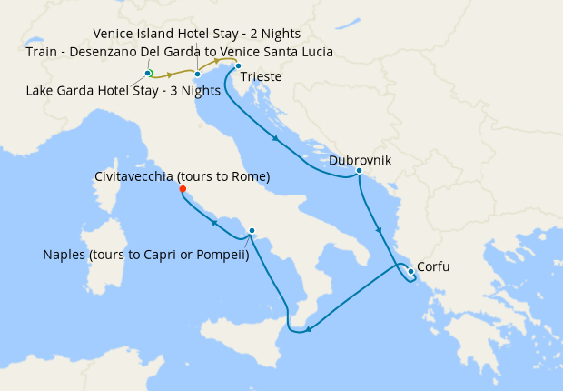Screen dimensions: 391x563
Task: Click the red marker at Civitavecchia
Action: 183,189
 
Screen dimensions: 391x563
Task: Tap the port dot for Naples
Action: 252,231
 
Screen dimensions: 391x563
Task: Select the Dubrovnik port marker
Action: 360,171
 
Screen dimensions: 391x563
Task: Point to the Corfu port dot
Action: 410,271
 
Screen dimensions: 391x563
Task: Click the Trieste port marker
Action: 238,66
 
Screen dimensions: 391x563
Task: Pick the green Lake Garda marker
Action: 148,73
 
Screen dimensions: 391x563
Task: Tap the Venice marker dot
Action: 197,74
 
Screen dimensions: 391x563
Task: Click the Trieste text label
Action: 261,77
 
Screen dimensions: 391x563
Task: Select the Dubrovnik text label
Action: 360,159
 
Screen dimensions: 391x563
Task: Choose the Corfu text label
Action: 433,267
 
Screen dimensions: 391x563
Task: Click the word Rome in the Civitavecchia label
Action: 247,175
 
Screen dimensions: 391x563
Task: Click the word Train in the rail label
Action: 43,52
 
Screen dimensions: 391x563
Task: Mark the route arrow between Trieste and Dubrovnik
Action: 274,138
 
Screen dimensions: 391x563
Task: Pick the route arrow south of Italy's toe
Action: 309,328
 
